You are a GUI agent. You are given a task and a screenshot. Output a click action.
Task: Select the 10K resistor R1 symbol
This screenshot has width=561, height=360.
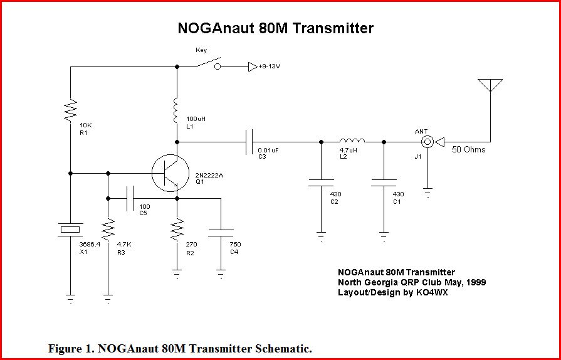pos(70,109)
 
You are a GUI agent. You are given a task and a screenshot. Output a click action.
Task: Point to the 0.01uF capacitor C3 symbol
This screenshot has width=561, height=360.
pos(249,142)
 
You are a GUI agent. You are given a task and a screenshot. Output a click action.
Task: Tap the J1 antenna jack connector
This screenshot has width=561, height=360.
pos(427,142)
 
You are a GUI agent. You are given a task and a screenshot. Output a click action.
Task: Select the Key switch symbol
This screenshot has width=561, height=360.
pos(206,65)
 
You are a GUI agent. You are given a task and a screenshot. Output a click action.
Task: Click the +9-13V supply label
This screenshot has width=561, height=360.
pos(269,66)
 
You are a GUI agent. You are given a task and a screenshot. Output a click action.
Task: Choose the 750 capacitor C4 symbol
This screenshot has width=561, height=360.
pos(220,231)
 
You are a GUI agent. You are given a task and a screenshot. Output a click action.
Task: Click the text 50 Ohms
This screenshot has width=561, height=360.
pos(468,150)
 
